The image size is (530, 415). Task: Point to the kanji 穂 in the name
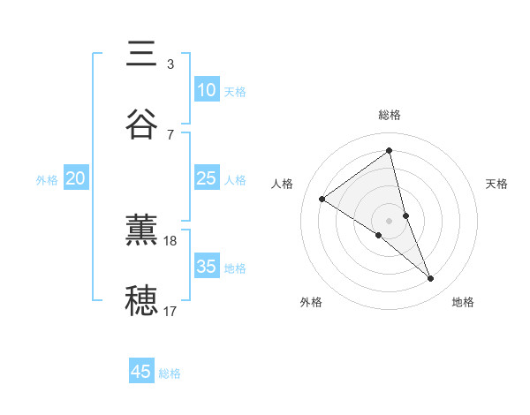[141, 301]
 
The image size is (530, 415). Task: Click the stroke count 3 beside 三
[170, 64]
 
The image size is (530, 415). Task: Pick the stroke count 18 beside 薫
[171, 240]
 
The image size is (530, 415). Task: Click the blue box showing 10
[206, 90]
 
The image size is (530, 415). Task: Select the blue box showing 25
[206, 178]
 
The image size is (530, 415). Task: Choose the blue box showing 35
[206, 267]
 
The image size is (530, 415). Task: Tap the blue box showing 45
[141, 372]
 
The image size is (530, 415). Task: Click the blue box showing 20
[75, 178]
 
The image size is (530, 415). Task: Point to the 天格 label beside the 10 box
[235, 92]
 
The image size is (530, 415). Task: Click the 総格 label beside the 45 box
[170, 373]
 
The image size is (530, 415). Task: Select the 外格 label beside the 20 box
[47, 180]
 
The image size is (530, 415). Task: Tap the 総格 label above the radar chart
[390, 115]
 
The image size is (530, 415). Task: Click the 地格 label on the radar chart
[463, 302]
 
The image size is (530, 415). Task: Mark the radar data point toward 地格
[431, 279]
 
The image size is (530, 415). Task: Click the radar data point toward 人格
[322, 200]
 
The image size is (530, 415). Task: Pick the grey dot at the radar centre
[390, 220]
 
